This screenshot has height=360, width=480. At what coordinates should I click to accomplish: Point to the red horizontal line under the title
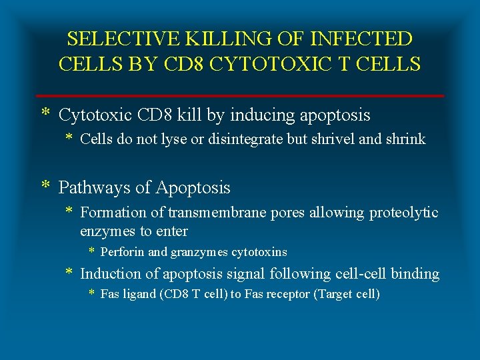[240, 96]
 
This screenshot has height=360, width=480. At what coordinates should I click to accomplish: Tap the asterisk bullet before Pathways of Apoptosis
[45, 186]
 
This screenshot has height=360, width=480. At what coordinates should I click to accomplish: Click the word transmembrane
[210, 213]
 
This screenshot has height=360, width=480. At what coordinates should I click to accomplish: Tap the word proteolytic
[404, 213]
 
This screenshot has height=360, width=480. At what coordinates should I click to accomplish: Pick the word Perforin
[121, 252]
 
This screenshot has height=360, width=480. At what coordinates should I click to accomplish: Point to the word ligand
[137, 294]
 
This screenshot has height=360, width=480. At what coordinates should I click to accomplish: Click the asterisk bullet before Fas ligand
[93, 293]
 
